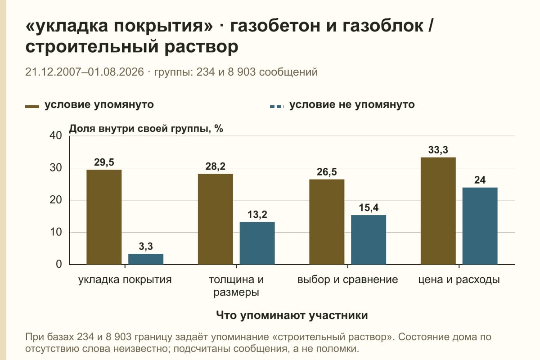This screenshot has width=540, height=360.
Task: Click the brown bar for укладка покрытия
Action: pos(104,217)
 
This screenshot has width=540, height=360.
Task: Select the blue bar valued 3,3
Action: pos(146,259)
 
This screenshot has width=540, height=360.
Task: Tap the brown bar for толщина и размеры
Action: pos(215,219)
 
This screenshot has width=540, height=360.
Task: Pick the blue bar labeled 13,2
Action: pos(257,243)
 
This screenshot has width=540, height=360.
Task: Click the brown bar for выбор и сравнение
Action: pos(327,222)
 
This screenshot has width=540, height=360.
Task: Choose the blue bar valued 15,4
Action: pos(369,240)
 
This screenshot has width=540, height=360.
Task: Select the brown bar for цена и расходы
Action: pos(438,211)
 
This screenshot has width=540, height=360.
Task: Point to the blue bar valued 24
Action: pos(480,226)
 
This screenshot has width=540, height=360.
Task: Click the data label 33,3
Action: pos(438,150)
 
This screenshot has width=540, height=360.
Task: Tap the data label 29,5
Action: pos(104,162)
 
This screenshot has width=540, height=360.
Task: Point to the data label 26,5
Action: pos(327,172)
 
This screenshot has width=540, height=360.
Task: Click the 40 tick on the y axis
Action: pos(56,135)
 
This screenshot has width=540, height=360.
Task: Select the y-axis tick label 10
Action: pos(56,232)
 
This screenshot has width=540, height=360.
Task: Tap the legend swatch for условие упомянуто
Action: pos(32,106)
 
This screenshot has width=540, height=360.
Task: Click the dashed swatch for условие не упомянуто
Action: pos(277,106)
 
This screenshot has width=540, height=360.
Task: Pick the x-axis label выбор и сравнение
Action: pos(347,280)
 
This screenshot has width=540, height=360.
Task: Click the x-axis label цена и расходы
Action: pos(459,280)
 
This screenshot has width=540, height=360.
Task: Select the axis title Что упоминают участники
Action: pos(292,315)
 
